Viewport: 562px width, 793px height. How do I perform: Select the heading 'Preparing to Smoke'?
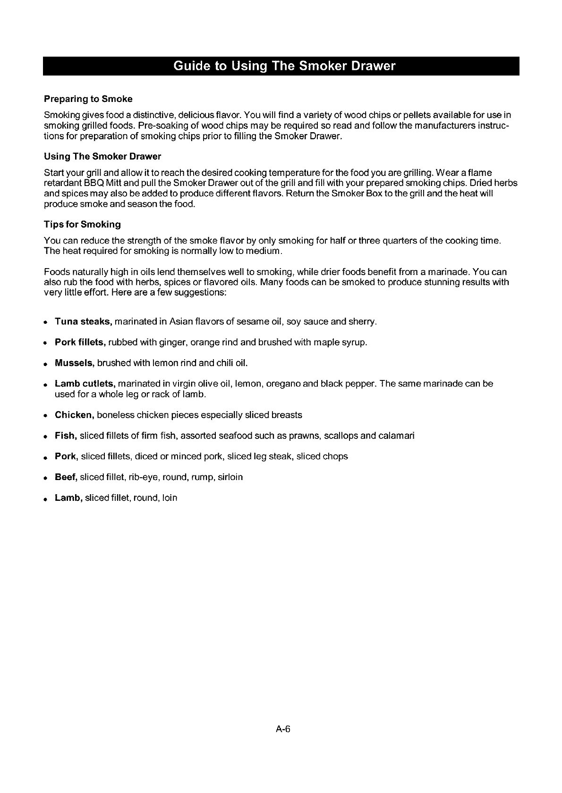click(x=88, y=99)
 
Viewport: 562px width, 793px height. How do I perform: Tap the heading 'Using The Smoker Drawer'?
click(x=102, y=156)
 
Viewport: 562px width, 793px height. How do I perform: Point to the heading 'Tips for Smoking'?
click(x=82, y=224)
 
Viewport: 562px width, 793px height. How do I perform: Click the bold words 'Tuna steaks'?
click(x=83, y=322)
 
